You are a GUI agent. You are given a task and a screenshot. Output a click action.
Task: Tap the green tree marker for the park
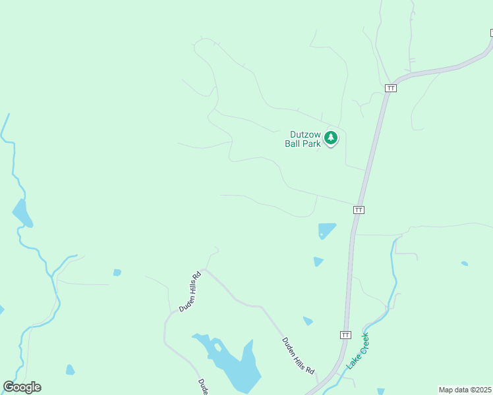coord(331,138)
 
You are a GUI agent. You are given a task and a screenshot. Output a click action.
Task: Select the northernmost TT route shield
coord(391,88)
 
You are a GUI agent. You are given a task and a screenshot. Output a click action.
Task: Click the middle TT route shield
coord(359,209)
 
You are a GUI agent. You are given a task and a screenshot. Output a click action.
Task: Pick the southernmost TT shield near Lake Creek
coord(345,334)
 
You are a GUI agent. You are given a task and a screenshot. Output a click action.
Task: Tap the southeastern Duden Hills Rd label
coord(298,356)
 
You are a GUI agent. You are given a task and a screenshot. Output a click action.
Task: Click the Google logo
coord(22,387)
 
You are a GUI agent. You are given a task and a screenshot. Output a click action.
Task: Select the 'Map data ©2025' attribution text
coord(465,390)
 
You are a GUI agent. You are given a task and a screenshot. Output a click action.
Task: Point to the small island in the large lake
coord(217,346)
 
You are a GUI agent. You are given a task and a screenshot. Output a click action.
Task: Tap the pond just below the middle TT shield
coord(326,230)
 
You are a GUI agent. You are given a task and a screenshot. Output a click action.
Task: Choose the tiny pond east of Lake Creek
coord(465,263)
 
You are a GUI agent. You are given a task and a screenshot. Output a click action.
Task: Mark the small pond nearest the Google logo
coord(70,370)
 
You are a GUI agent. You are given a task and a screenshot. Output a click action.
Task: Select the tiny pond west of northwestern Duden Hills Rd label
coord(117,272)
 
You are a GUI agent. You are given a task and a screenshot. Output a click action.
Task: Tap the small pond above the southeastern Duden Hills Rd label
coord(308,321)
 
